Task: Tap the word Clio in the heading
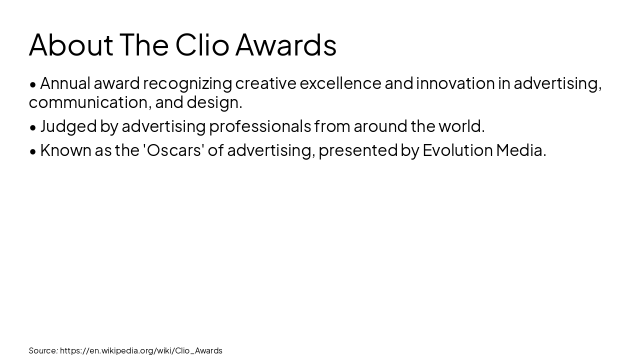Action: tap(202, 45)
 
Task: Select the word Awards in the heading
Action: tap(286, 45)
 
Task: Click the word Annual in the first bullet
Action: tap(65, 83)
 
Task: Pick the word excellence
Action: tap(340, 83)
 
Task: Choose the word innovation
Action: tap(455, 83)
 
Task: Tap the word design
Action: tap(214, 102)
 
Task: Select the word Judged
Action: tap(68, 126)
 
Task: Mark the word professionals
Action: tap(260, 126)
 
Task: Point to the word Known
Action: tap(65, 150)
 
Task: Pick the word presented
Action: tap(357, 150)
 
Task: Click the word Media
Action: tap(520, 150)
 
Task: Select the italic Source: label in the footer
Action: tap(43, 350)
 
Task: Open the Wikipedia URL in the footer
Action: tap(141, 350)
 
